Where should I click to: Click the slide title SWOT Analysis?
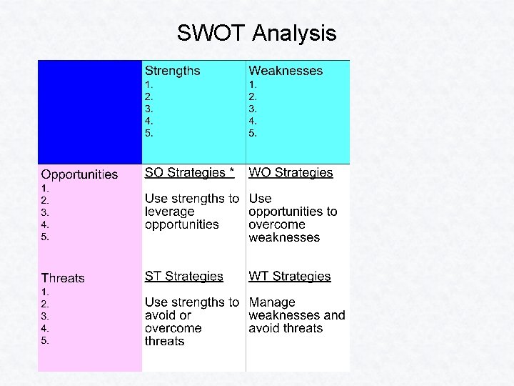click(257, 33)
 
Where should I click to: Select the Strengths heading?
click(172, 71)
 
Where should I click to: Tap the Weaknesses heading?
click(286, 71)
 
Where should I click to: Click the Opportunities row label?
click(79, 174)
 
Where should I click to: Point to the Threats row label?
click(63, 278)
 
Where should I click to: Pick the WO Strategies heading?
click(291, 172)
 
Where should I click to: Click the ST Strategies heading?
click(183, 276)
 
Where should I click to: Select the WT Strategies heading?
click(290, 276)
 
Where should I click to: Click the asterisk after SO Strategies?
click(231, 172)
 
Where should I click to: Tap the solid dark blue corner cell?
click(90, 112)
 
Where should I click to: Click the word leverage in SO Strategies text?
click(170, 212)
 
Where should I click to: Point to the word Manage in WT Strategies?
click(272, 302)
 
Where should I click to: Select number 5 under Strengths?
click(148, 133)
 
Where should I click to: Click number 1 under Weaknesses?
click(253, 84)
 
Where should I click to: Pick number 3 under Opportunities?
click(45, 212)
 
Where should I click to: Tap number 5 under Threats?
click(45, 340)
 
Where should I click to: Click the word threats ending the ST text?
click(164, 342)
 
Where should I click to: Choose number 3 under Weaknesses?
click(253, 109)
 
